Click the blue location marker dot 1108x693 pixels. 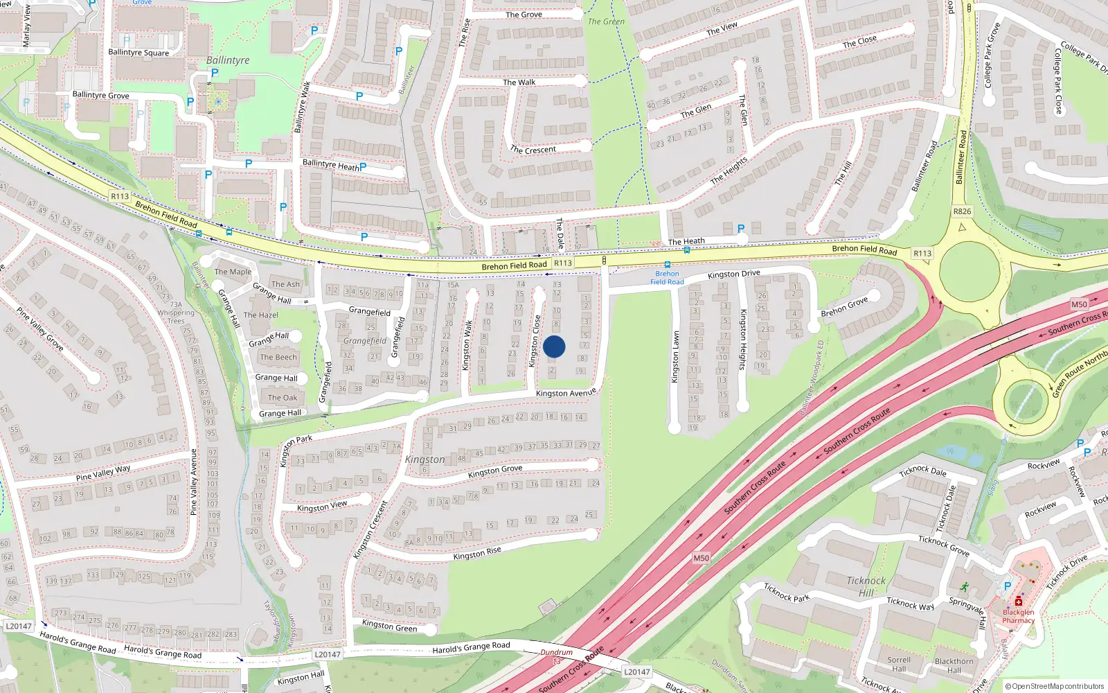pos(554,346)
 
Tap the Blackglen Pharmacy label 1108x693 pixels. pos(1018,616)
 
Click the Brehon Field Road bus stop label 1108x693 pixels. pos(667,278)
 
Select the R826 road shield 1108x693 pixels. pos(962,211)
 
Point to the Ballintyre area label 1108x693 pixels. pos(228,60)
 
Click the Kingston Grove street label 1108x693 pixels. pos(494,471)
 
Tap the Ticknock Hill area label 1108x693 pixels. pos(866,586)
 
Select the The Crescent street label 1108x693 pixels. pos(533,150)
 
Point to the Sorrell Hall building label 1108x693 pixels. pos(899,664)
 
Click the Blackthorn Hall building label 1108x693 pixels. pos(954,665)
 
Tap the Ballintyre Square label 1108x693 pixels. pos(138,52)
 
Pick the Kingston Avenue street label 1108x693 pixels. pos(566,393)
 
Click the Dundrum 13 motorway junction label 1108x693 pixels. pos(557,656)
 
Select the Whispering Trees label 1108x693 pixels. pos(176,317)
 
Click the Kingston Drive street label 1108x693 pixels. pos(733,274)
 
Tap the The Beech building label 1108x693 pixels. pos(278,358)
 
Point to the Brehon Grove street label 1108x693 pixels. pos(844,307)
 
